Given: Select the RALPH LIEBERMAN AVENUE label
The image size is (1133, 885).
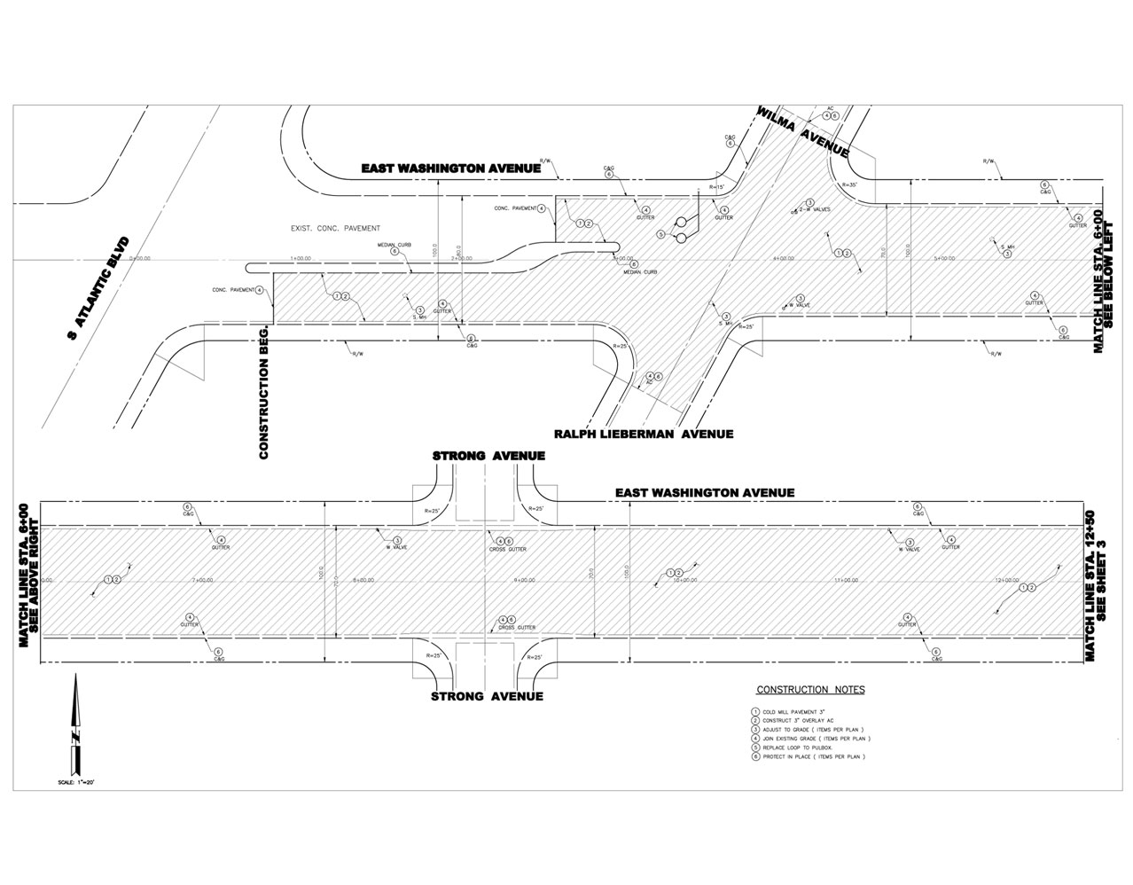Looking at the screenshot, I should coord(644,435).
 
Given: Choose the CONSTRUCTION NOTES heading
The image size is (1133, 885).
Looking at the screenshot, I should coord(810,690).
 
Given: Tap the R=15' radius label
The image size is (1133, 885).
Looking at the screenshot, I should coord(717,187).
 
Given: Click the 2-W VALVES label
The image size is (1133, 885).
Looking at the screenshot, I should coord(813,210).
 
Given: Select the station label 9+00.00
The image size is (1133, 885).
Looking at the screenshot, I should coord(526,580).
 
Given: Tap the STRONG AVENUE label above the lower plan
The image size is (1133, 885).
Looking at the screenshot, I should coord(488,456).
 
